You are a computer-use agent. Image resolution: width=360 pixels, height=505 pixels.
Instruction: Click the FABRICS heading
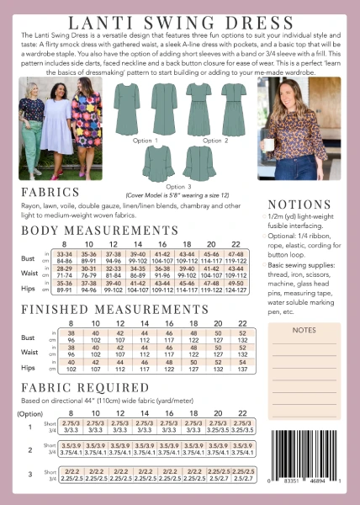pos(49,192)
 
